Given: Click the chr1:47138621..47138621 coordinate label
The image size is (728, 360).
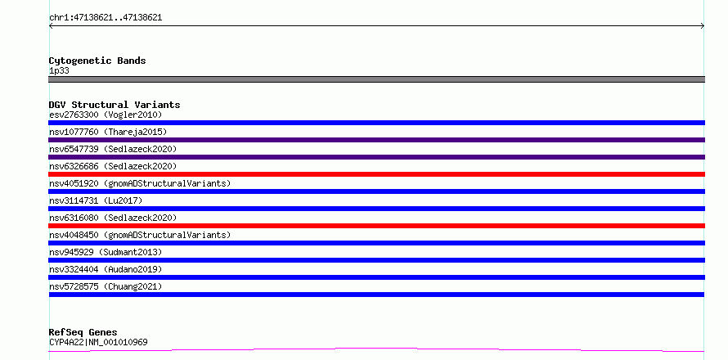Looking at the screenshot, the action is click(x=106, y=18).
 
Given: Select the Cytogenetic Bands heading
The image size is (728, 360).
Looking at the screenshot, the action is click(x=97, y=61).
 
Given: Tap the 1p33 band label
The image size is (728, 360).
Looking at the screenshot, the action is click(x=60, y=71).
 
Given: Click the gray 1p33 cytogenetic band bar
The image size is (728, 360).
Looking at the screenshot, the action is click(x=376, y=79).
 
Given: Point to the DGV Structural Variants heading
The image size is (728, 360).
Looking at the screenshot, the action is click(x=115, y=105).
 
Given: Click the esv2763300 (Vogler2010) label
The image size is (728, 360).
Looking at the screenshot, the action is click(x=106, y=115).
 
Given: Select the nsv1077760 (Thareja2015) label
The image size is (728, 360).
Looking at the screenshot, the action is click(x=108, y=132).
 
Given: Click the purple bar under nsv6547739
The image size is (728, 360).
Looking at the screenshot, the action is click(x=376, y=157).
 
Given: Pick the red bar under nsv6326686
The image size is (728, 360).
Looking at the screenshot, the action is click(x=376, y=174).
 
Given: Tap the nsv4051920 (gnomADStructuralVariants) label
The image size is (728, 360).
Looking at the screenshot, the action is click(x=140, y=183).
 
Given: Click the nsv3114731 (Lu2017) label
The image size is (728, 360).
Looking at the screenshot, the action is click(x=96, y=200).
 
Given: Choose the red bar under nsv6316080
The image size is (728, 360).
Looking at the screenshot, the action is click(x=376, y=226).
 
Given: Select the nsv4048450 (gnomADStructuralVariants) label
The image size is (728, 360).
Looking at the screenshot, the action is click(x=140, y=235).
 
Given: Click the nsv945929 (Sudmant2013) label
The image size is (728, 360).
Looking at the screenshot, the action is click(x=106, y=252).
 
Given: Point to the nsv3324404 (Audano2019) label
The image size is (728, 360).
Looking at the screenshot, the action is click(x=106, y=269).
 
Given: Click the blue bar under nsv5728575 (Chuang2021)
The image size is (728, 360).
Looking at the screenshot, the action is click(x=376, y=295).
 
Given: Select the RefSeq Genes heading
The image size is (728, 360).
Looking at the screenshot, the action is click(x=83, y=333).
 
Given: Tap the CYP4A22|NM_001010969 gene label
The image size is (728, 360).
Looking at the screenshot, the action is click(x=98, y=343).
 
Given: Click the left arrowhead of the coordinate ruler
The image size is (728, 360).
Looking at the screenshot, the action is click(x=50, y=26).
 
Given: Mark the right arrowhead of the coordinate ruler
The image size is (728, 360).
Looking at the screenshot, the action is click(x=703, y=26).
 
